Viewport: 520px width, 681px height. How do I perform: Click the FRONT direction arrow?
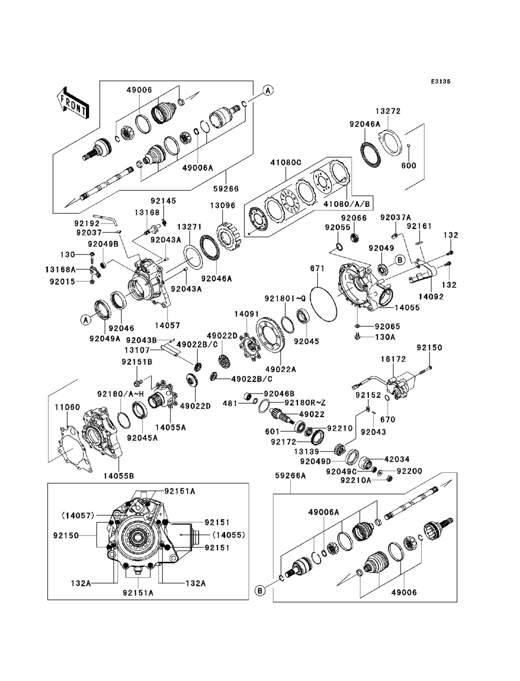tap(73, 102)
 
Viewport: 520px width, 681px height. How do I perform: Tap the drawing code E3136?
tap(440, 82)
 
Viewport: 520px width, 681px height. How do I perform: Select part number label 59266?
tap(226, 189)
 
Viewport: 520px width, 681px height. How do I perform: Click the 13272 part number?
tap(388, 111)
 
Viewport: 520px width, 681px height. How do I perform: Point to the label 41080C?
tap(285, 162)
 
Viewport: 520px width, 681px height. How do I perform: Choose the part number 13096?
tap(223, 205)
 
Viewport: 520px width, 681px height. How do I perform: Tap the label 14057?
tap(167, 326)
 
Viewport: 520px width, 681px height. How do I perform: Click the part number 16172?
tap(393, 359)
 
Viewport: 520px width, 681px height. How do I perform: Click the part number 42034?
tap(397, 459)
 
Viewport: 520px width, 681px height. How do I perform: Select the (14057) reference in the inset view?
tap(78, 516)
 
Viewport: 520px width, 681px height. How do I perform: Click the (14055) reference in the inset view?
tap(228, 535)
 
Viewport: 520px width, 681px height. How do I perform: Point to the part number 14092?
tap(431, 297)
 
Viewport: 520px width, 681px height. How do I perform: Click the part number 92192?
tap(87, 223)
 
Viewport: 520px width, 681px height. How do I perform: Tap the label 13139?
tap(307, 452)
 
